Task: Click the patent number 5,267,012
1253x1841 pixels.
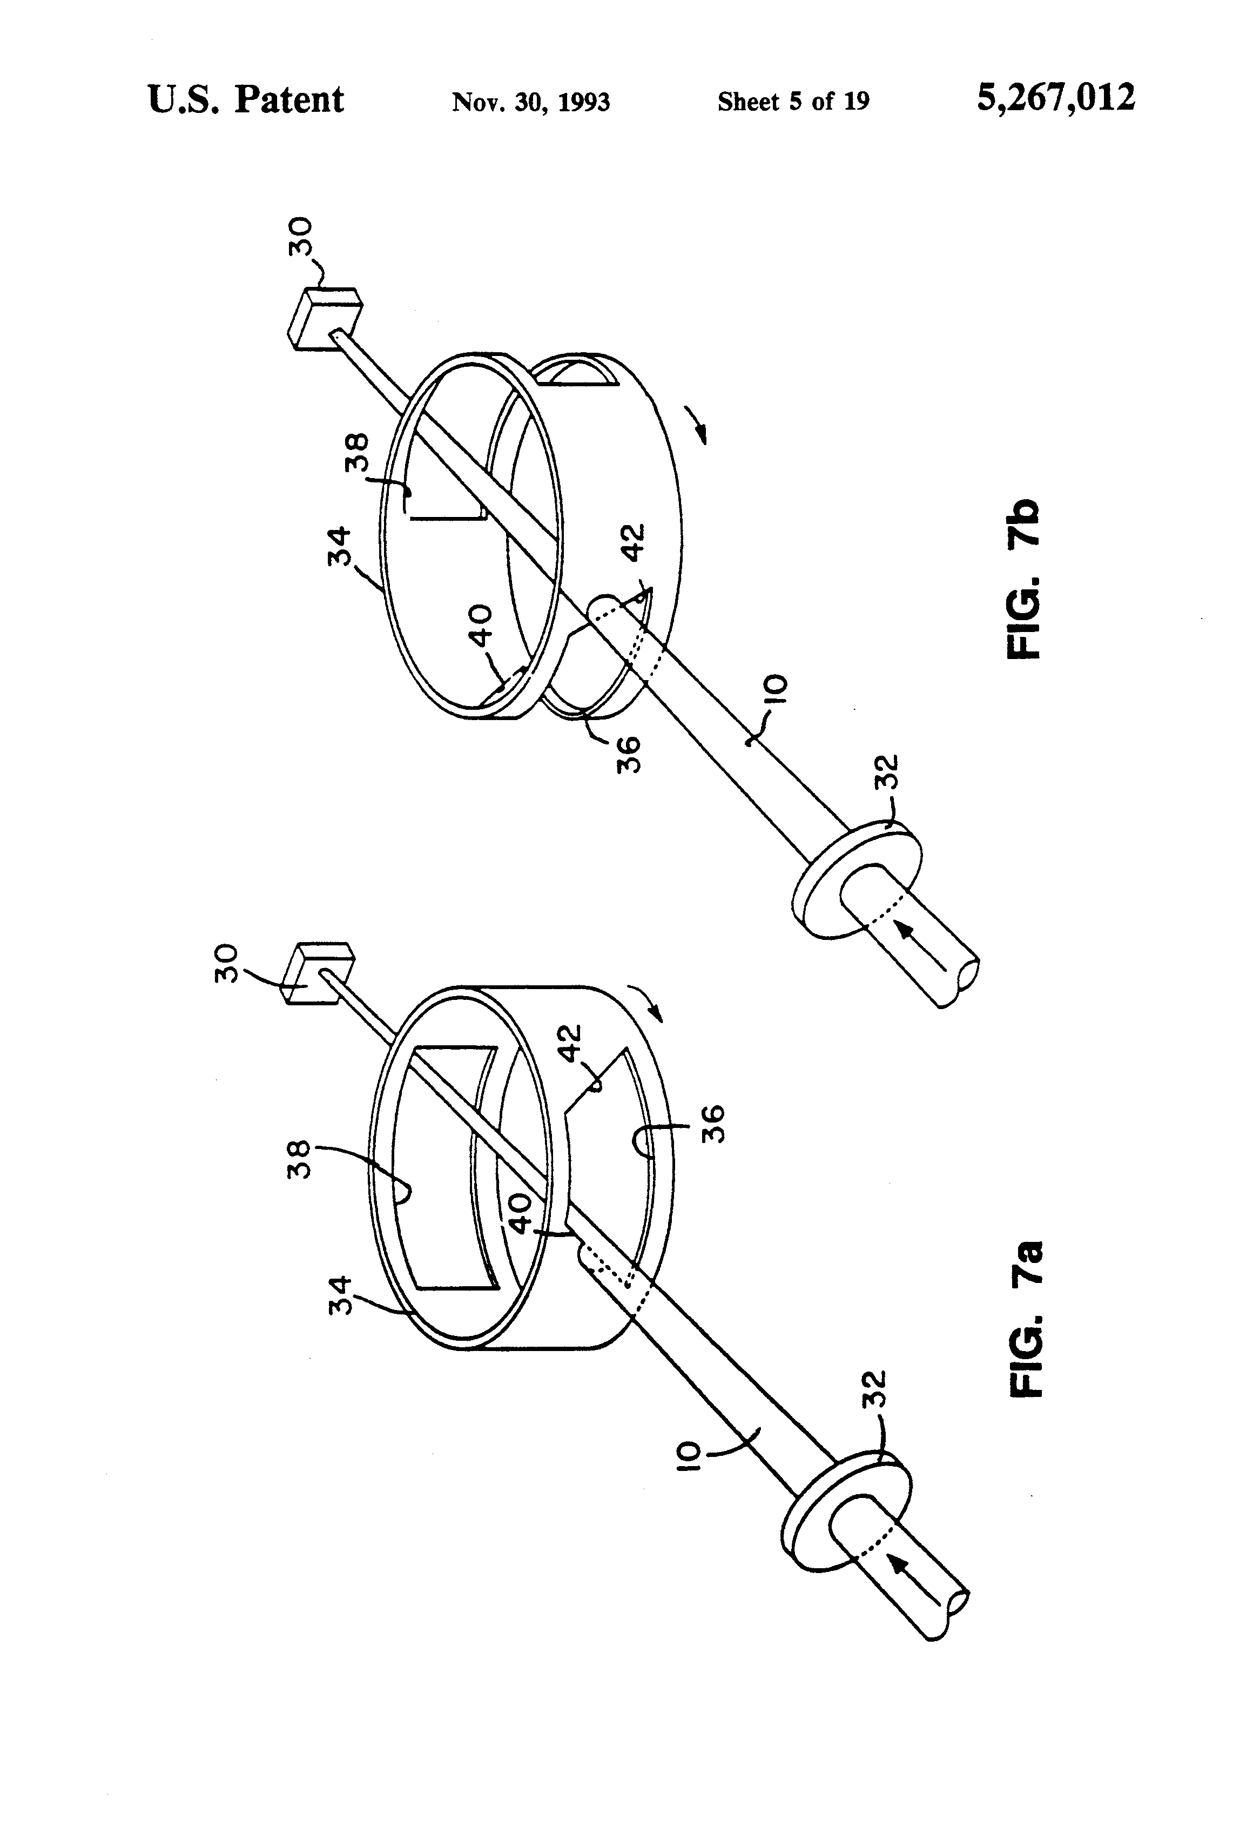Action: point(1056,99)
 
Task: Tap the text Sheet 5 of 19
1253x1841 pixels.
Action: point(793,102)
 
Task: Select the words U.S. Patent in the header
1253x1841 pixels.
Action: point(246,100)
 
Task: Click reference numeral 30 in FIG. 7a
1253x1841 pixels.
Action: point(227,963)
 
